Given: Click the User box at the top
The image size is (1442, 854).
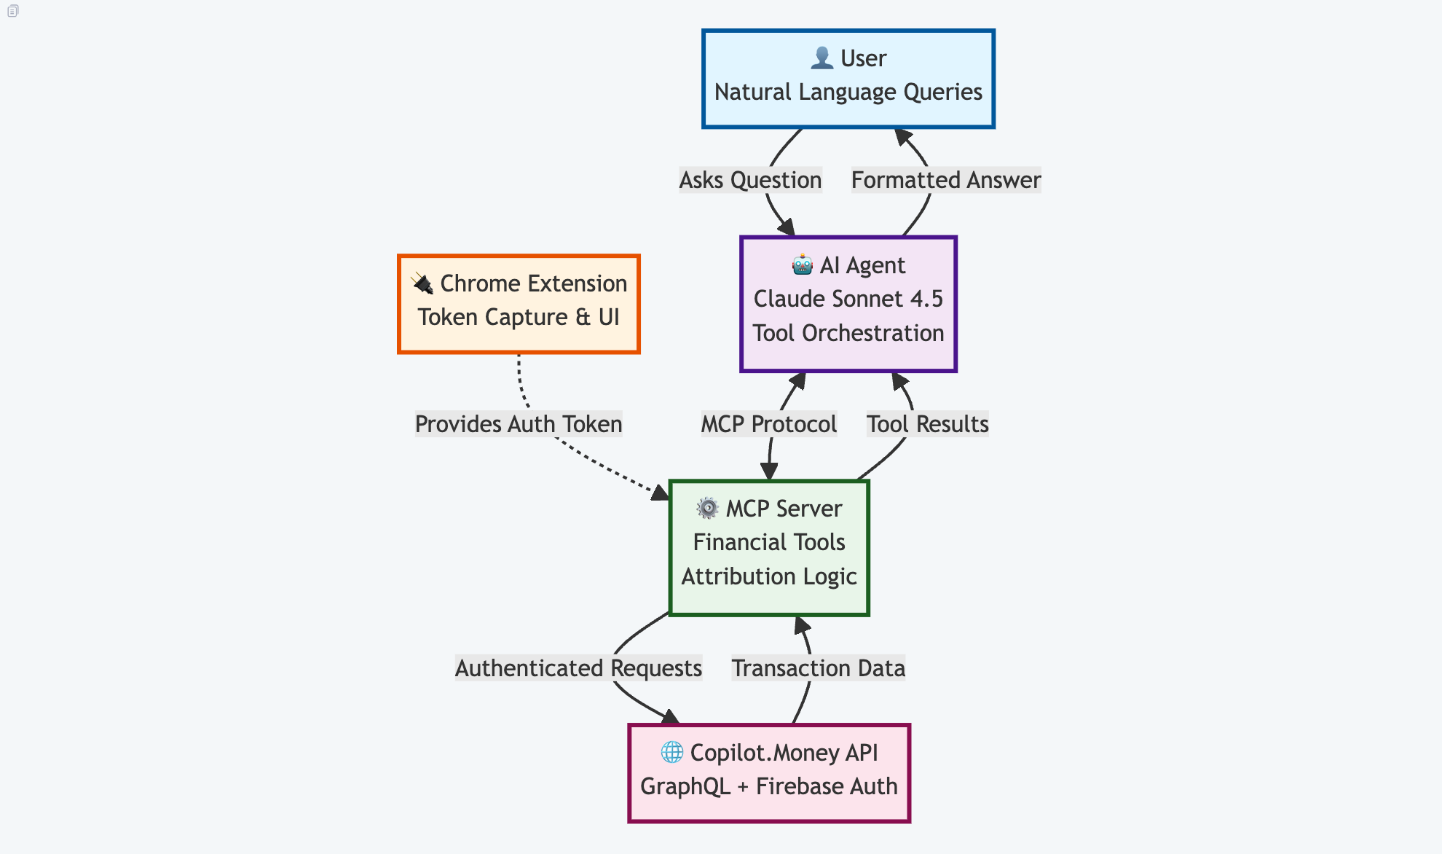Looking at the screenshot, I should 848,79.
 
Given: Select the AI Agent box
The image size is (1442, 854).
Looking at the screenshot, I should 848,304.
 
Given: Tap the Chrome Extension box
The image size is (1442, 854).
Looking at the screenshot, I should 519,304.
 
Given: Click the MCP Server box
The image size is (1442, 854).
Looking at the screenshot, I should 769,547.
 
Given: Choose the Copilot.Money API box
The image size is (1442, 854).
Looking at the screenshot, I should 769,773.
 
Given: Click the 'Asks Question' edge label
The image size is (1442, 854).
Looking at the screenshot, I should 750,180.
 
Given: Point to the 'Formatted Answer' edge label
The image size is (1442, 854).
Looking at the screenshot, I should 946,180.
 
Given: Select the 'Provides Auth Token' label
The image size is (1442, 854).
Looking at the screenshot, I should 519,424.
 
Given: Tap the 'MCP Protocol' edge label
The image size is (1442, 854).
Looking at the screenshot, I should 768,424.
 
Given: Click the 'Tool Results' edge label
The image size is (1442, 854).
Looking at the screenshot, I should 927,424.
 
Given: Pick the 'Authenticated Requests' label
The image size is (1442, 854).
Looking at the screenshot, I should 578,668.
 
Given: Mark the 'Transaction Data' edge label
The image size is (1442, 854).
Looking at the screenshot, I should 818,668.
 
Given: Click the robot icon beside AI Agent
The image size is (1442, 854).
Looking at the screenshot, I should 803,265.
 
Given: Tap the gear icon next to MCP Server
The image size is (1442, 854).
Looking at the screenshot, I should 707,508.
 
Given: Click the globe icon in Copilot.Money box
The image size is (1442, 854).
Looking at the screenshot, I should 671,752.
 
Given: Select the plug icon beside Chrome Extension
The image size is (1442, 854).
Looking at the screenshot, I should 422,283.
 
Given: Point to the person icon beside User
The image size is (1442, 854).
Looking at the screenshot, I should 822,58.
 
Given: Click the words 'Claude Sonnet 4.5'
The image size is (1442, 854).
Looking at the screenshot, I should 848,299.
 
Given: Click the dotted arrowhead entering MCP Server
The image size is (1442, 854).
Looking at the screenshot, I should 661,493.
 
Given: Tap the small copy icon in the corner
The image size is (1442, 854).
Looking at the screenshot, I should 12,11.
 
